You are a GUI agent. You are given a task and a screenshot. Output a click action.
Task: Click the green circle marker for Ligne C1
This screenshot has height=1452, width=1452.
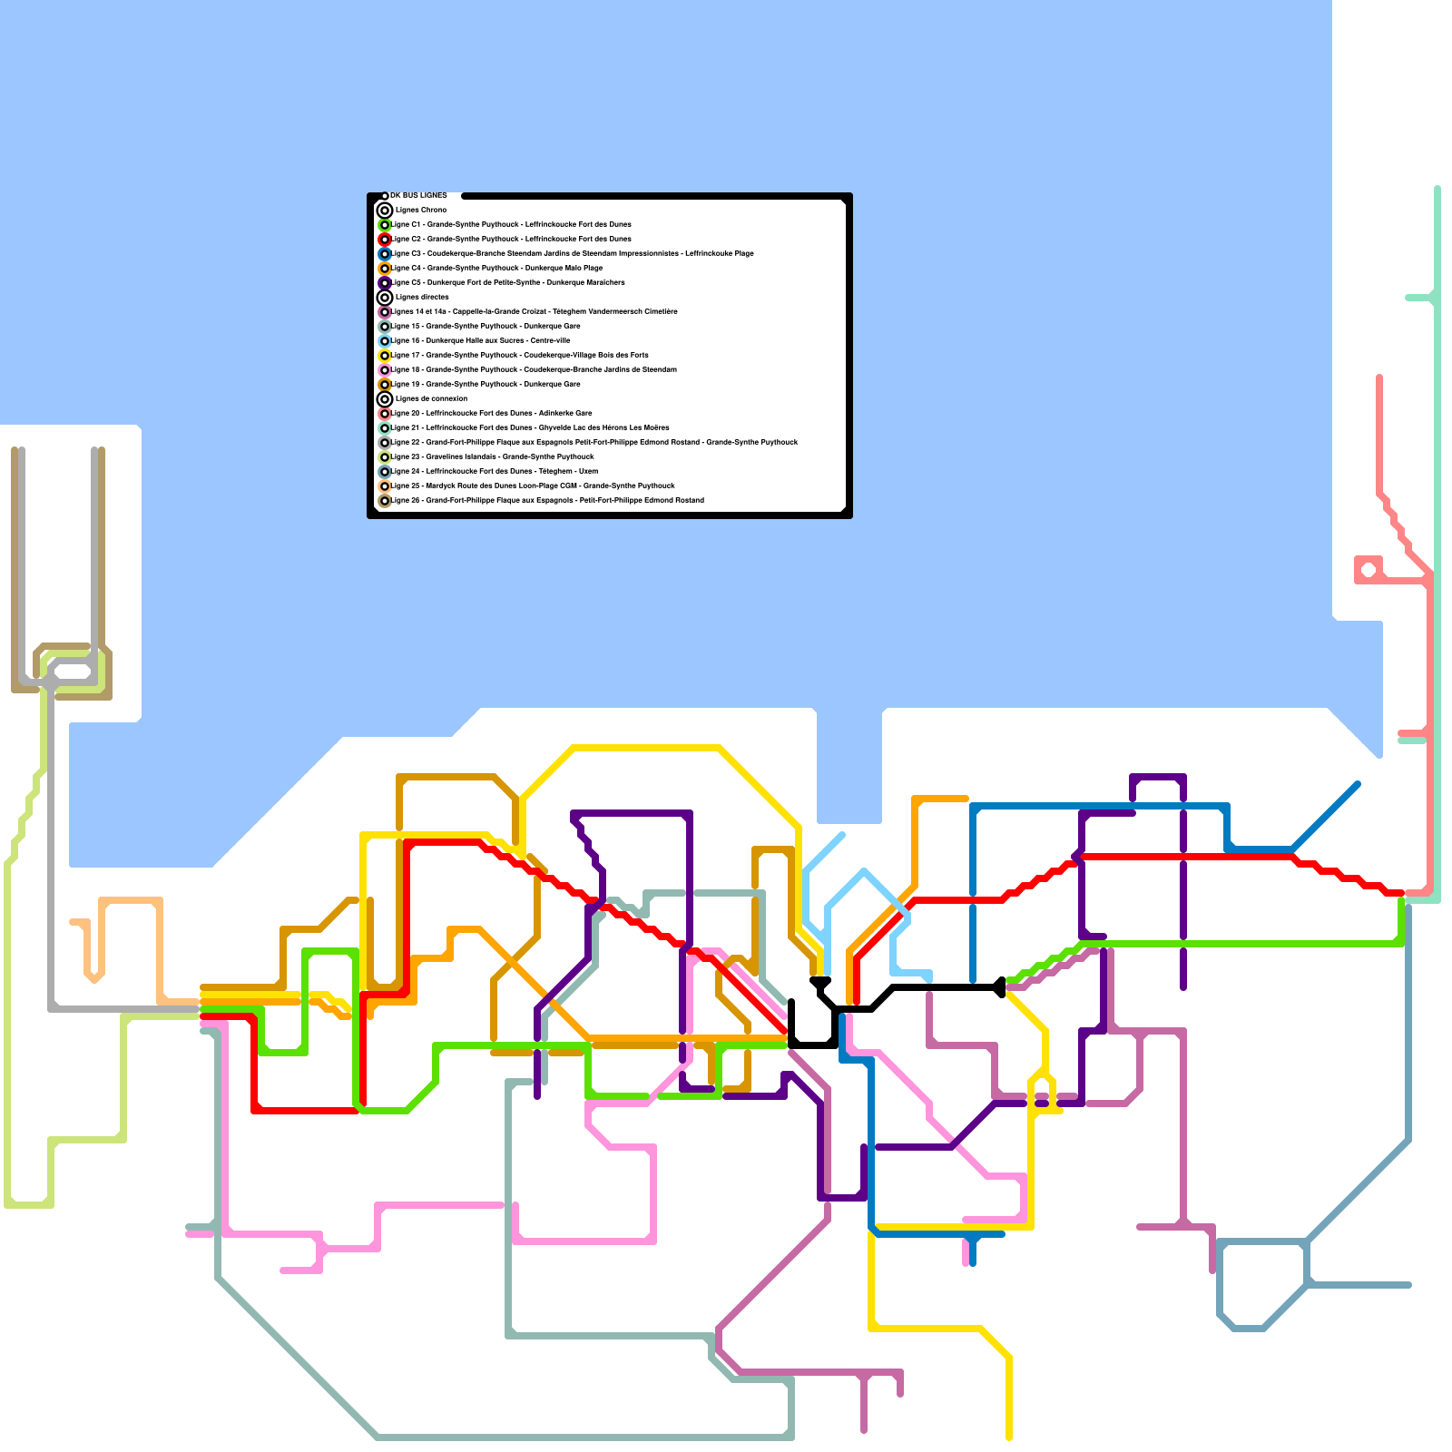(385, 224)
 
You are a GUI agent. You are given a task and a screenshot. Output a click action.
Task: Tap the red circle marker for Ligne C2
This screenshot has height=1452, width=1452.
(385, 239)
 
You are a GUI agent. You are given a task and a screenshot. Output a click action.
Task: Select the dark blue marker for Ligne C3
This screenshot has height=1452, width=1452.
(385, 253)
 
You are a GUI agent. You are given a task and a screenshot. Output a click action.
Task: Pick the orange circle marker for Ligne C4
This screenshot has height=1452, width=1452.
(385, 268)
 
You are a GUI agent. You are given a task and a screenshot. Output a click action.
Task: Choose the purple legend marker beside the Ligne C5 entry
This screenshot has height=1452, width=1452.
(385, 282)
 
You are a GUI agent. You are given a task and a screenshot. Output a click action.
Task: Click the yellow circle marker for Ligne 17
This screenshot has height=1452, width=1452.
(385, 355)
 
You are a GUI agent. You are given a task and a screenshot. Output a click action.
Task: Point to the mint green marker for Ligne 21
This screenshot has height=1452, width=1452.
(385, 427)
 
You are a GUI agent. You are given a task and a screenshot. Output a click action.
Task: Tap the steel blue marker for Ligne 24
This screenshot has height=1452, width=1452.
(385, 471)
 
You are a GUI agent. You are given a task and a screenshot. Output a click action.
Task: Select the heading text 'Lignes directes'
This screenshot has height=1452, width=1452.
(422, 297)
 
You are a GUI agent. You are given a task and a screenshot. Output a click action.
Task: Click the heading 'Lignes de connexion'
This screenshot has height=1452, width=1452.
(431, 398)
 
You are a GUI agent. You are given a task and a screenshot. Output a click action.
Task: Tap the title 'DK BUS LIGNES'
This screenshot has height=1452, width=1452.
(418, 195)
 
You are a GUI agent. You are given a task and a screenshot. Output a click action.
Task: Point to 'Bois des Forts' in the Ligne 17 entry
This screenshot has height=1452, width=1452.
(625, 355)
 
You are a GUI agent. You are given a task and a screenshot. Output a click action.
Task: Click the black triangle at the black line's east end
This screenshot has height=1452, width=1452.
(999, 986)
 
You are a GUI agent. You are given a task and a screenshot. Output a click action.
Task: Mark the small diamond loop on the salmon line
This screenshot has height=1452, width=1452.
(1368, 570)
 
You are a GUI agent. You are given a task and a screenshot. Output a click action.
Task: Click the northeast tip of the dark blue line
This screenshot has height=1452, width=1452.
(1358, 783)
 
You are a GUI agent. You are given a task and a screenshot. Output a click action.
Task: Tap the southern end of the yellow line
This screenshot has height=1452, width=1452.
(1009, 1437)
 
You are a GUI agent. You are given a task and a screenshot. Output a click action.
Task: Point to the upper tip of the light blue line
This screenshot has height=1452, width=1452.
(843, 834)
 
